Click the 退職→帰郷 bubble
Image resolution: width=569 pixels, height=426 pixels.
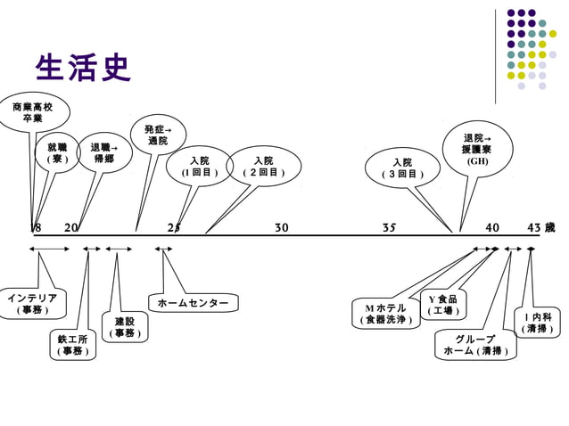point(104,152)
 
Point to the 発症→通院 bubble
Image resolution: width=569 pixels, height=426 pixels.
point(158,135)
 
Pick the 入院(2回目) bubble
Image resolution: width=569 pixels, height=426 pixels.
point(262,166)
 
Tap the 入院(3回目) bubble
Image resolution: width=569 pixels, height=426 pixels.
point(401,168)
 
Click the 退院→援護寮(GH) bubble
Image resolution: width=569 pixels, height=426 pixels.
point(477,150)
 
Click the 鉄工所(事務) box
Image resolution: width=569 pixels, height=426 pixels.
point(72,345)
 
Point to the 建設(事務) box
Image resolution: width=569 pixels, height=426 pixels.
point(124,327)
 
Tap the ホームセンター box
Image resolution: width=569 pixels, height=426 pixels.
point(193,304)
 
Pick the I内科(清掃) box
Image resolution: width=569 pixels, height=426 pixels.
point(538,323)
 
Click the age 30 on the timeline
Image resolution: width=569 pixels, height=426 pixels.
point(282,228)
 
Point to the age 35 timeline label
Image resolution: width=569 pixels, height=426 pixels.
point(389,228)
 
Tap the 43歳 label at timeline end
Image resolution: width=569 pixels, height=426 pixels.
point(540,228)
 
